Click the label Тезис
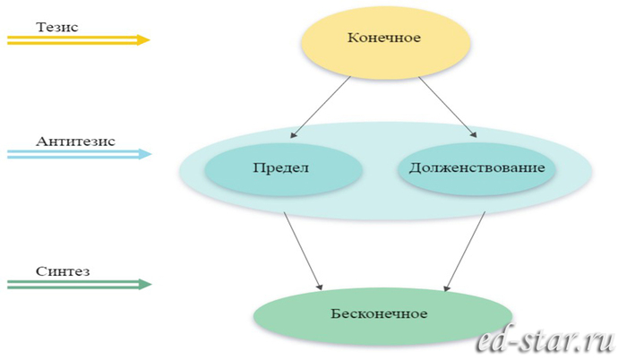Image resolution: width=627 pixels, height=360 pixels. tap(57, 27)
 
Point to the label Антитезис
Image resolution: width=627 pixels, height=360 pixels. tap(76, 141)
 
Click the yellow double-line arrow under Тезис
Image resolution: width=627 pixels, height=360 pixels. tap(76, 39)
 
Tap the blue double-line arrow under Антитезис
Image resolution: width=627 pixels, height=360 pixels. tap(76, 154)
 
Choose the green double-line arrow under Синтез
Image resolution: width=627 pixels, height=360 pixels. tap(76, 285)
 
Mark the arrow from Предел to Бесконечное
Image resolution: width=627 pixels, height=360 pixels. tap(302, 251)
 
